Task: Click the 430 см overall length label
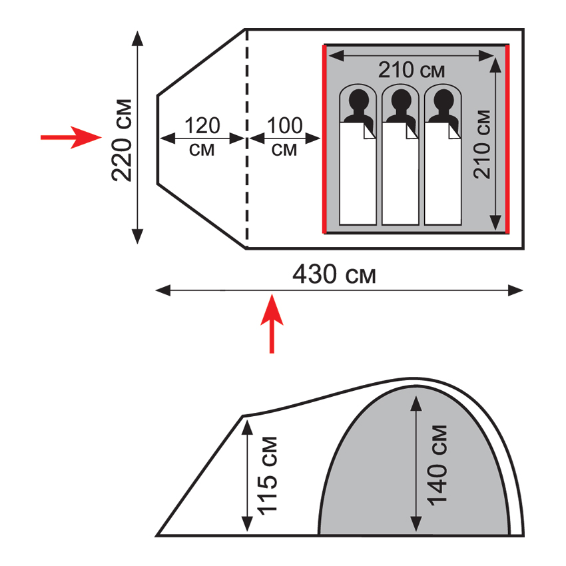click(334, 274)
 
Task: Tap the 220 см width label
click(122, 140)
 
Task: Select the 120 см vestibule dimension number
click(202, 126)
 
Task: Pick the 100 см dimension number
click(284, 126)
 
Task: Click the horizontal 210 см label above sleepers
click(412, 70)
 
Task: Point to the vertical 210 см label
click(482, 144)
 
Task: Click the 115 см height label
click(267, 474)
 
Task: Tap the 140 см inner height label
click(437, 465)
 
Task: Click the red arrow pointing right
click(71, 137)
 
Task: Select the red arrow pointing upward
click(272, 324)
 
